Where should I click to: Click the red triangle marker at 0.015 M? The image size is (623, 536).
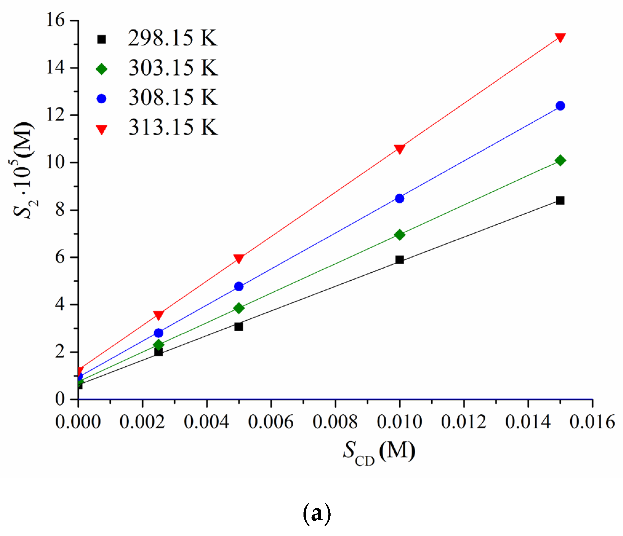pos(560,37)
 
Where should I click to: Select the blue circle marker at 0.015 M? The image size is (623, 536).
pos(560,106)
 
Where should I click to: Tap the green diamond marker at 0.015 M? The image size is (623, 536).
pos(560,160)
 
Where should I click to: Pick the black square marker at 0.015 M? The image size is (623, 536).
pos(560,200)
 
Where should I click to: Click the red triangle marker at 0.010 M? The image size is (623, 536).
pos(400,149)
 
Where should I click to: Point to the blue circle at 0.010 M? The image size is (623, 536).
pos(400,198)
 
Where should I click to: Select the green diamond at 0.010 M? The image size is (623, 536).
pos(400,235)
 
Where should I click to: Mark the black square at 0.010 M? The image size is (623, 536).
pos(400,260)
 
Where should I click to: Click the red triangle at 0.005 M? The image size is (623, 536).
pos(239,258)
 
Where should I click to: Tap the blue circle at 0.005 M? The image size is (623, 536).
pos(239,286)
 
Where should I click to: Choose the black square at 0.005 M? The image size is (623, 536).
pos(239,326)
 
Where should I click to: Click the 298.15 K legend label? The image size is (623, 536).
pos(172,38)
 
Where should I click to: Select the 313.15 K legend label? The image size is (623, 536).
pos(173,127)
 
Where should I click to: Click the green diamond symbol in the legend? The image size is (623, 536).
pos(102,69)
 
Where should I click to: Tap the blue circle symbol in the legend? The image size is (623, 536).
pos(102,99)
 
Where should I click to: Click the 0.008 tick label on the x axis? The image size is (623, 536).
pos(335,422)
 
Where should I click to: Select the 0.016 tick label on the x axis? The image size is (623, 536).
pos(592,422)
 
